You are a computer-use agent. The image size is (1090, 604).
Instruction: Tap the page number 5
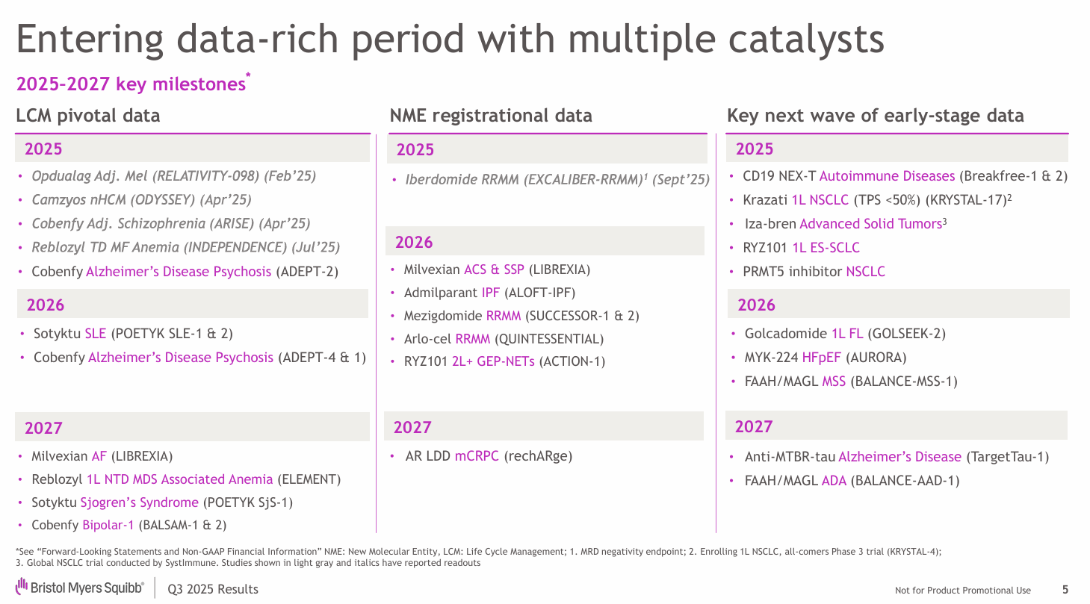pos(1065,590)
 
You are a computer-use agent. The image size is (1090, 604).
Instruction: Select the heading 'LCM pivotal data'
pos(88,116)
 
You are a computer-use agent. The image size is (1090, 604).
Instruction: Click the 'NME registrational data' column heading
pos(491,116)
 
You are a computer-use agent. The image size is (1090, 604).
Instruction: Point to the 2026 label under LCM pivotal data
pos(46,305)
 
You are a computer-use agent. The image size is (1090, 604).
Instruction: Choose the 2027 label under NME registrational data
pos(412,427)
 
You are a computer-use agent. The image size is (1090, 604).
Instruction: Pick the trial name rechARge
pos(538,455)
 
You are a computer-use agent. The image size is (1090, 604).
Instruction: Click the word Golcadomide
pos(784,334)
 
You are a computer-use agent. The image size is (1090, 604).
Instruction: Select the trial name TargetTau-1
pos(1008,457)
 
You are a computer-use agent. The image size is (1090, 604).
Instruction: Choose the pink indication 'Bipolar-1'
pos(108,525)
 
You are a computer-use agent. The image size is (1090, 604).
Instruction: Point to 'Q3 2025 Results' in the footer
pos(213,590)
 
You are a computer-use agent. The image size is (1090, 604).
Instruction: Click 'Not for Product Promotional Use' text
pos(962,591)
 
